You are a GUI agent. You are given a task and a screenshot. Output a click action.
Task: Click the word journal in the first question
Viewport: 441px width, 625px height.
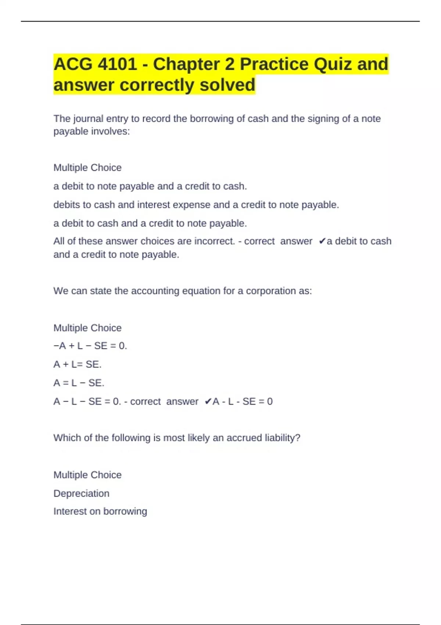(88, 119)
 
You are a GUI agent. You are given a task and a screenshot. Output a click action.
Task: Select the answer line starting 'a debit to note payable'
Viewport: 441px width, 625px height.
(150, 186)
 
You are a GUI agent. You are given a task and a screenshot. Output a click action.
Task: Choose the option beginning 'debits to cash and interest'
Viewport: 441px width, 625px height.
(196, 205)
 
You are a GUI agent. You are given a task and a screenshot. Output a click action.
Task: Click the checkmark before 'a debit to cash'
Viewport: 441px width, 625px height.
(322, 241)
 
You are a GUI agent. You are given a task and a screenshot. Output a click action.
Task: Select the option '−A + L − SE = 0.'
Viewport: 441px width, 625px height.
(90, 346)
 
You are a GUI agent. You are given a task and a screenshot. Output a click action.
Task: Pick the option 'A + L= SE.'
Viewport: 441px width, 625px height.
(77, 364)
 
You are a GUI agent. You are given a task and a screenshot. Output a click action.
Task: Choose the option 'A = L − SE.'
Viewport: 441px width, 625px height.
(79, 383)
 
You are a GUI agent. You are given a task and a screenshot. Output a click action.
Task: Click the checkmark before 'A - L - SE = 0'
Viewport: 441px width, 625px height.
(208, 401)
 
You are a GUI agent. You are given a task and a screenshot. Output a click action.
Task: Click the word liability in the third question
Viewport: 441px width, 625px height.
(282, 438)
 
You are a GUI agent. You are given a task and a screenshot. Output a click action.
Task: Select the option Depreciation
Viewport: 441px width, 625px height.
(81, 493)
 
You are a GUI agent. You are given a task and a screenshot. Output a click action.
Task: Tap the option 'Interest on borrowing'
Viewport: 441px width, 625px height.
(100, 511)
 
